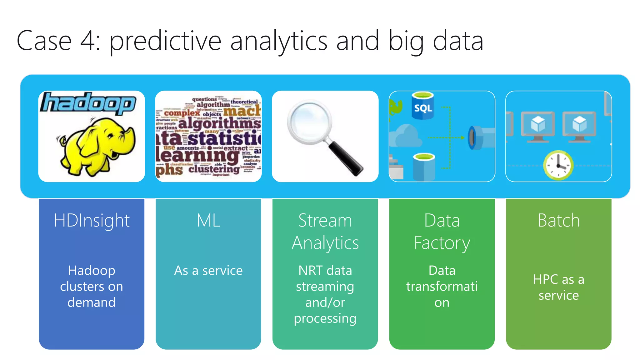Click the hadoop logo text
(88, 103)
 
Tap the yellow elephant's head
(116, 133)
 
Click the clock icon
(558, 165)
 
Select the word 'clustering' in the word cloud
(214, 169)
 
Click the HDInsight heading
(92, 220)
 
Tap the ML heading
(208, 220)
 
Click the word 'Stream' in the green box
(325, 220)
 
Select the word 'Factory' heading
(442, 243)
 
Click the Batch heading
(558, 220)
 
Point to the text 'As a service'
(208, 270)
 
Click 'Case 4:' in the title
(58, 41)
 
